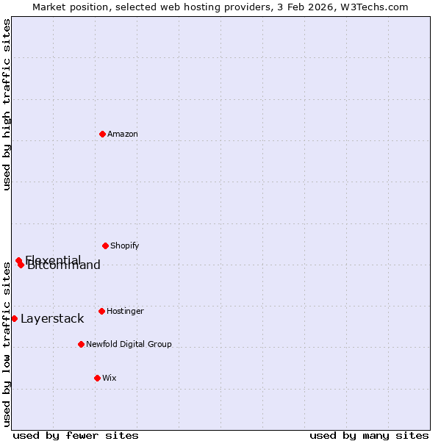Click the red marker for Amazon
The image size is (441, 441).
(102, 134)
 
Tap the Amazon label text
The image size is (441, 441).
(123, 134)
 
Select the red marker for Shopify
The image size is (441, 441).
(105, 245)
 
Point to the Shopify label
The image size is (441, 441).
(125, 245)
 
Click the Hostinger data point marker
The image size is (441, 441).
(101, 311)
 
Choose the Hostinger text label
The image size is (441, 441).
(125, 311)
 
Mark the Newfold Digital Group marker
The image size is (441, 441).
(81, 344)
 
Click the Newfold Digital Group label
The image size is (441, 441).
(129, 344)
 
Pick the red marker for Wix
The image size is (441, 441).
(97, 378)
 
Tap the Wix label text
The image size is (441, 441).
(110, 378)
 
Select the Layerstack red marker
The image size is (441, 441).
(14, 318)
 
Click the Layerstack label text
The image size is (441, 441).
(52, 319)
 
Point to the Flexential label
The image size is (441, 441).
(53, 259)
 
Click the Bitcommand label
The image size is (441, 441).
(65, 266)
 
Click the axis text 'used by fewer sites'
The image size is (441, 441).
(76, 435)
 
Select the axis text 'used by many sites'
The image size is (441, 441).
(369, 435)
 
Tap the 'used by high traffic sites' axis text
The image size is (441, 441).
(7, 104)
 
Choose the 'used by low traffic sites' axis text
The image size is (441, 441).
(7, 343)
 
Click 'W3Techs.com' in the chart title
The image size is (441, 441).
(377, 7)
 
